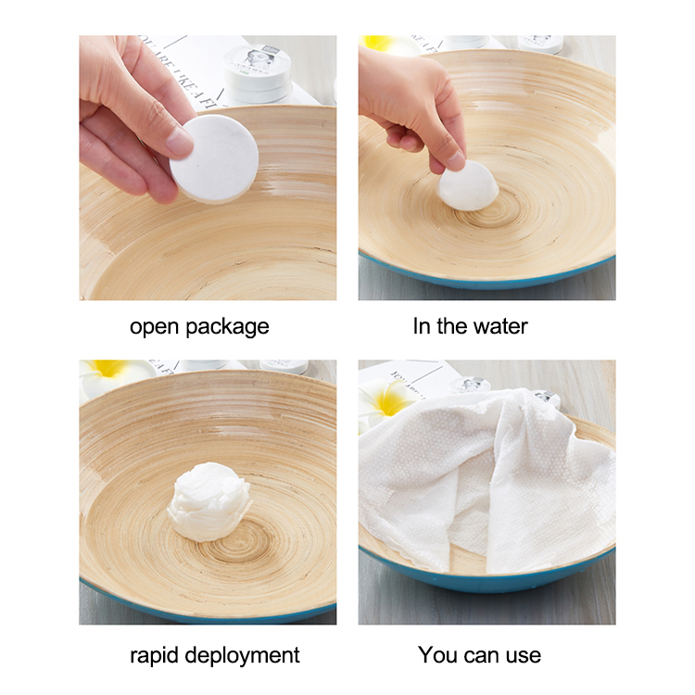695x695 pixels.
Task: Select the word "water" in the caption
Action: [x=499, y=327]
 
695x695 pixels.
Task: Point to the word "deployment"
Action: [x=244, y=655]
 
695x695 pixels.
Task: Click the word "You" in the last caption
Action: [x=438, y=655]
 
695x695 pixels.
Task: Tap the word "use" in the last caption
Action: [x=523, y=655]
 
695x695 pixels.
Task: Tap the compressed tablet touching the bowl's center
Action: [x=467, y=185]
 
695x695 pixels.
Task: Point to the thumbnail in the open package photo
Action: [x=178, y=142]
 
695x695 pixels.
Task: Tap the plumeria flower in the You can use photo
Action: [x=387, y=400]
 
